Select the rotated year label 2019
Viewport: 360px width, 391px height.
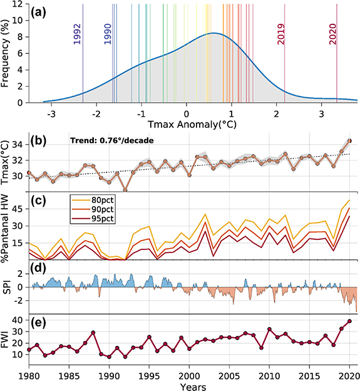coord(281,34)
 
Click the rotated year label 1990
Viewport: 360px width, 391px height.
coord(108,34)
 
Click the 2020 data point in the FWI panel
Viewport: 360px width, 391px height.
coord(350,321)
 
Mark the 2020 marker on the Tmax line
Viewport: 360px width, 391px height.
coord(350,141)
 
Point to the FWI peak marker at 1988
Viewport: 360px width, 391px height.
coord(93,332)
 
